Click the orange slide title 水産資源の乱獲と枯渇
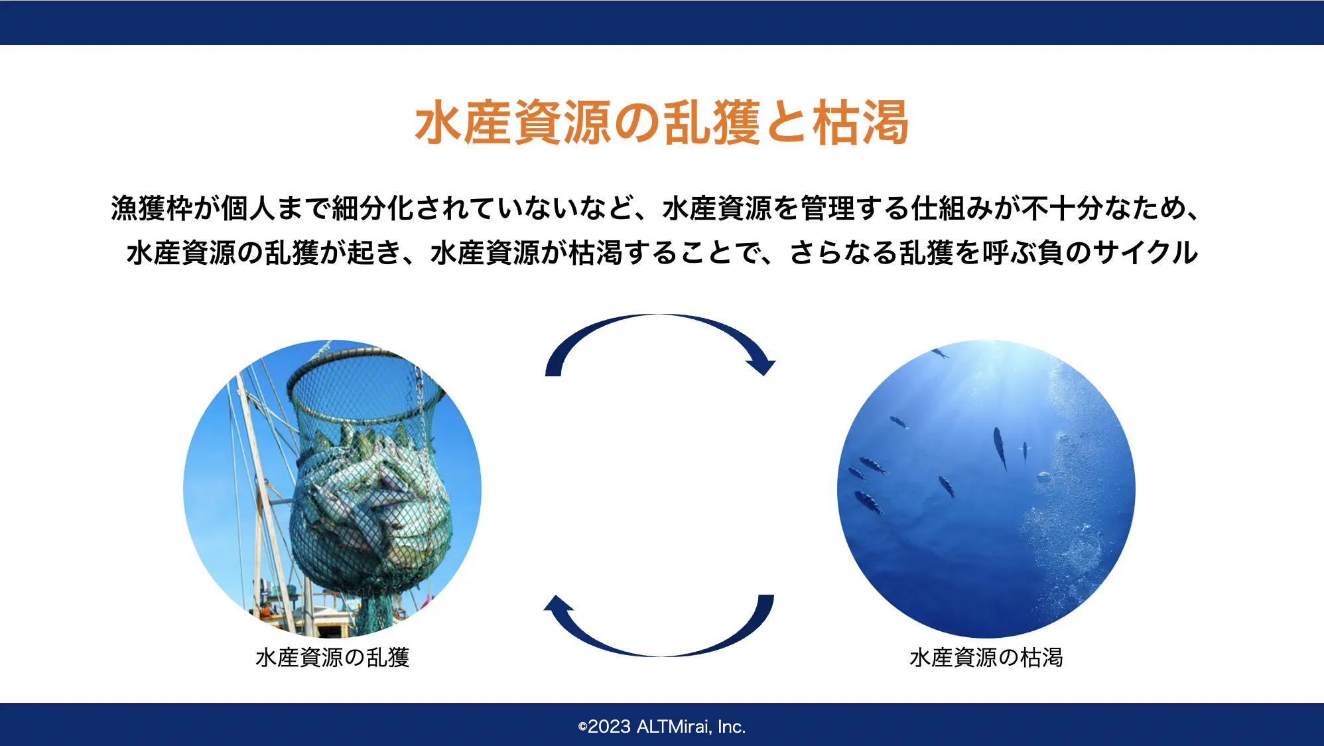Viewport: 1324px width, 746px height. (662, 123)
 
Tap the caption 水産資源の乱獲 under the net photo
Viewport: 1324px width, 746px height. (332, 657)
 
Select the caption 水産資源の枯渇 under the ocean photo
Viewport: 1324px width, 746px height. (986, 657)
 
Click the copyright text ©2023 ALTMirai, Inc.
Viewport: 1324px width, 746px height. (662, 727)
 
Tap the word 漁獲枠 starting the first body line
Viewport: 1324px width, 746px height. (152, 208)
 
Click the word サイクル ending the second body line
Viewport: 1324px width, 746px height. (1145, 252)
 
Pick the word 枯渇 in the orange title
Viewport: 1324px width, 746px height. (861, 123)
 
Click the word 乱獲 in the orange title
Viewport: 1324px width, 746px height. (711, 123)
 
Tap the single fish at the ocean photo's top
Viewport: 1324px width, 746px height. (940, 353)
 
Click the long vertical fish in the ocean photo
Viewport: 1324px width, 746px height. (1000, 448)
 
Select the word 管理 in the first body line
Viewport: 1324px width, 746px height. (828, 208)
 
